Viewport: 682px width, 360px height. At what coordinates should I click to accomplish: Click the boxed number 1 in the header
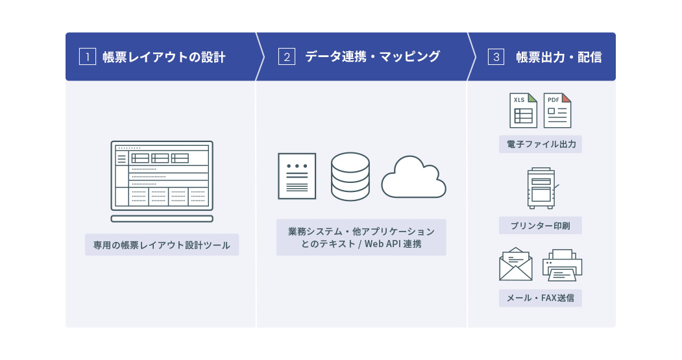(87, 57)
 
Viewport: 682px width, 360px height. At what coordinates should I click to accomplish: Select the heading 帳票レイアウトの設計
(164, 57)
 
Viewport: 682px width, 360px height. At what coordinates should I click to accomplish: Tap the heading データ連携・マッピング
(372, 57)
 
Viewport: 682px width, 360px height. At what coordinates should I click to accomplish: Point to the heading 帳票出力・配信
(559, 57)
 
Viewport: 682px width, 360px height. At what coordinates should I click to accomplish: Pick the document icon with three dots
(297, 176)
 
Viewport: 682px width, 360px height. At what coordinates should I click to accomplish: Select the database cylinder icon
(350, 176)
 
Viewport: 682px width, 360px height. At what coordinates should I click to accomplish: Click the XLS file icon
(523, 110)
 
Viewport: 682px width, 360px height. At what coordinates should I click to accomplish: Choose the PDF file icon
(557, 110)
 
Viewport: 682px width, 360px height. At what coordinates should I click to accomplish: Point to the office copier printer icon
(541, 188)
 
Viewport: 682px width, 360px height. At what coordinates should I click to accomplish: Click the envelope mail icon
(515, 264)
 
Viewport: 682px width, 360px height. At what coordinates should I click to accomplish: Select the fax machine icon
(562, 265)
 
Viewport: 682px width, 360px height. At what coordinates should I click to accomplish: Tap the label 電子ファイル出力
(541, 144)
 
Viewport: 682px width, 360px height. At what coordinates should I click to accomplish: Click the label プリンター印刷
(541, 226)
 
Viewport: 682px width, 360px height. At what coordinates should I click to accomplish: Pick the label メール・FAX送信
(541, 298)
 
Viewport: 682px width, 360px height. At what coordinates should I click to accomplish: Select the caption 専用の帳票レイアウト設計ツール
(162, 245)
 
